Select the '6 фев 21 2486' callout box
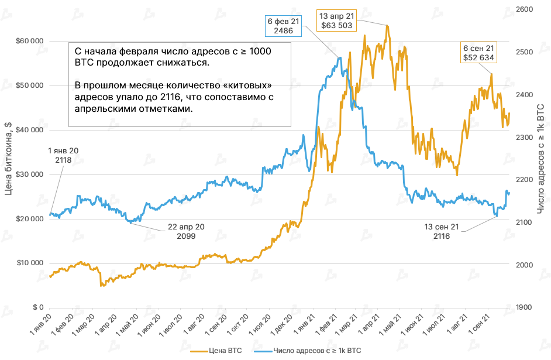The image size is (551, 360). point(284,26)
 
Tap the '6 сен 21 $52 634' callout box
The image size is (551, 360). point(478,53)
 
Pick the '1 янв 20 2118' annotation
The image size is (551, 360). point(63,155)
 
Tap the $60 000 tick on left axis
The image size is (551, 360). point(29,42)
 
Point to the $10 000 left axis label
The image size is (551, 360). point(29,263)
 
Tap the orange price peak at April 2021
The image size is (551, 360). point(387,26)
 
